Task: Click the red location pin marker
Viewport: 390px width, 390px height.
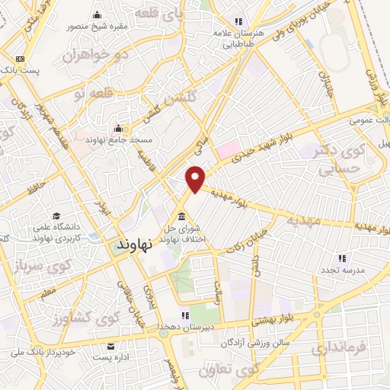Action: (x=196, y=177)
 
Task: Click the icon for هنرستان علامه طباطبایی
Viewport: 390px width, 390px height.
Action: (x=238, y=21)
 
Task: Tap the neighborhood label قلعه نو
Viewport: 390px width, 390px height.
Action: (x=91, y=92)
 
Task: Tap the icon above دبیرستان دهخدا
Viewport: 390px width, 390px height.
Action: (x=184, y=315)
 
